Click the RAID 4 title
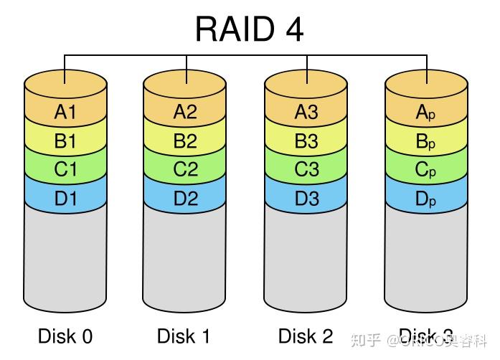[249, 29]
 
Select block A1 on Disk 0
[65, 112]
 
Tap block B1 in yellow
[65, 141]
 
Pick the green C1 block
[65, 170]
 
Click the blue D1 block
[65, 199]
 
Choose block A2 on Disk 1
[185, 112]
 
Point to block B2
[185, 141]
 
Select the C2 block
[185, 170]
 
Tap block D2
[185, 199]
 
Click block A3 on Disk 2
[306, 112]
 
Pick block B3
[306, 141]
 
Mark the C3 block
[306, 170]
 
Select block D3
[306, 199]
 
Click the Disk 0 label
[65, 336]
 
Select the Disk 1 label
[184, 336]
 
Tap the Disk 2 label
[306, 336]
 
